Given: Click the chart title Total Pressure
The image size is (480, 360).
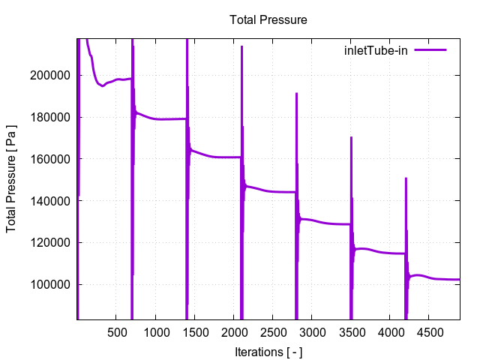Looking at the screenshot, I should (268, 19).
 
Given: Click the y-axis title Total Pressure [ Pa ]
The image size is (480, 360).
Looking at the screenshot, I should (12, 178).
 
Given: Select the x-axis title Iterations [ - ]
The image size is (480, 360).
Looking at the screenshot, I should (268, 351).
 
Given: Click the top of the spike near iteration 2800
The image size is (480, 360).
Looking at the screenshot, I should (296, 94).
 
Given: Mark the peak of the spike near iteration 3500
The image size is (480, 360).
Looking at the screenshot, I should (351, 137).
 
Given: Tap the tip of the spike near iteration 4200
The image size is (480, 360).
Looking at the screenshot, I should (406, 178).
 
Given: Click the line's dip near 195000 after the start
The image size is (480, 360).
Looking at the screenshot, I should (103, 86).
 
